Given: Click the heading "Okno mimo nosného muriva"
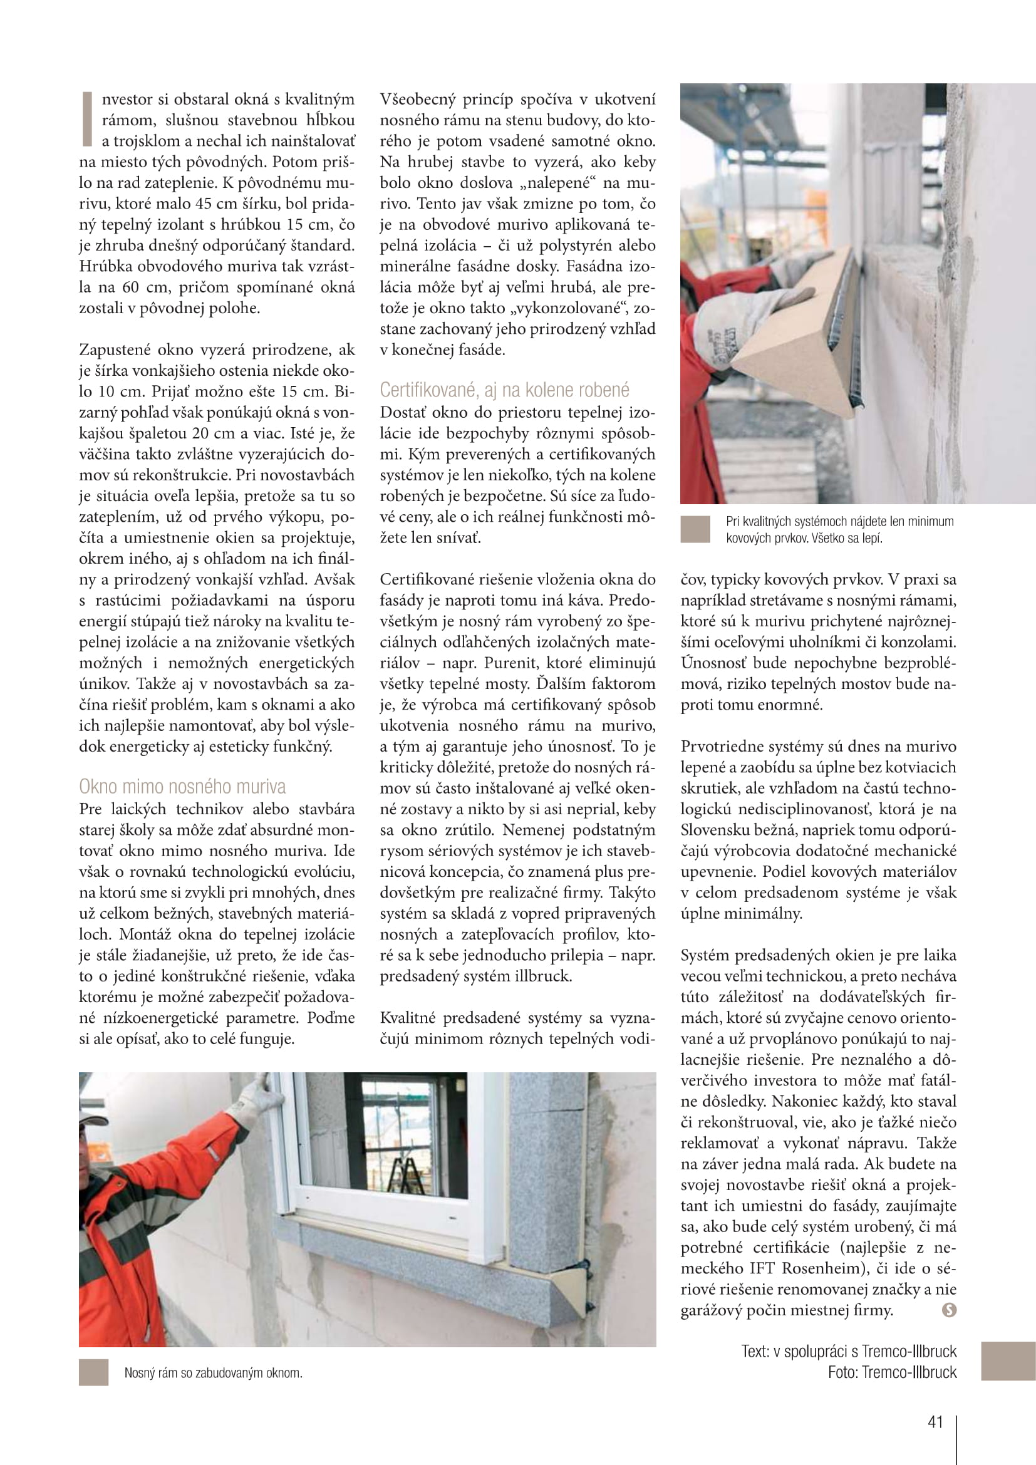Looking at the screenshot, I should [x=182, y=787].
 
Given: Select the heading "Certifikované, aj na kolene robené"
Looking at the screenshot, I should [x=504, y=390].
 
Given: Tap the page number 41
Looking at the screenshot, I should [x=935, y=1422].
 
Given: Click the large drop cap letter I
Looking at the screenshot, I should [x=87, y=120].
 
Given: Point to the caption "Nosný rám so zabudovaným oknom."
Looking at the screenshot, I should [x=213, y=1372].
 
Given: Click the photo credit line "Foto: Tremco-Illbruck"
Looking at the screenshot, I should [x=892, y=1372].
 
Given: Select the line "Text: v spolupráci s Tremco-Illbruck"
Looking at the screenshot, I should [x=849, y=1351].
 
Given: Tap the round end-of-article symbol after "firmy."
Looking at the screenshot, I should [x=949, y=1310].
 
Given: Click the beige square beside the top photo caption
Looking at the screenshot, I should [x=695, y=530].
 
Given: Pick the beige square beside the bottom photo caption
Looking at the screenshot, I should [x=94, y=1372].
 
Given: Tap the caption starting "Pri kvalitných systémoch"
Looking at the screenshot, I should [x=839, y=530].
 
